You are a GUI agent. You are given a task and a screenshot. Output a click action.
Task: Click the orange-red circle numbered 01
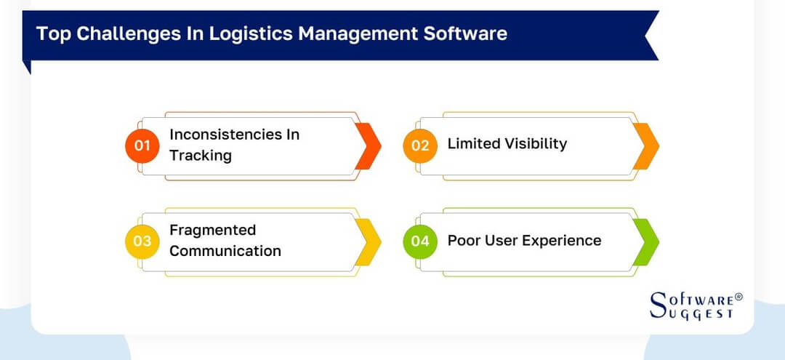pos(142,145)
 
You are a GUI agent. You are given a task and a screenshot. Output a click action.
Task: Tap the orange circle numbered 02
pos(420,145)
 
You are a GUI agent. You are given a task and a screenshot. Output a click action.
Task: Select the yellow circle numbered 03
pos(142,241)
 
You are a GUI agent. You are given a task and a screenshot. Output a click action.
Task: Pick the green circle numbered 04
pos(420,241)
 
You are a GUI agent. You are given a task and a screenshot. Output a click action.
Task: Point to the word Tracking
pos(200,156)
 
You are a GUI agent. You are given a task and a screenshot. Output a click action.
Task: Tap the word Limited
pos(472,144)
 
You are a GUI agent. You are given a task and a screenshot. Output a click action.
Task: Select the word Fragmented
pos(212,230)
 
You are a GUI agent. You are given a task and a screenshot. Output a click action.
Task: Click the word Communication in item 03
pos(225,251)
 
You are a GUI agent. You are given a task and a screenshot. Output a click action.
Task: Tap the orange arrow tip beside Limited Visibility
pos(646,145)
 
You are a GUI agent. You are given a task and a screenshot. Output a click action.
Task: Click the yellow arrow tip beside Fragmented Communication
pos(369,241)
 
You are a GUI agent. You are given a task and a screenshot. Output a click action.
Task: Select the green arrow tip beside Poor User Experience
pos(646,241)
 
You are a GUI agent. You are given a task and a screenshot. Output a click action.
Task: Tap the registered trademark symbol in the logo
pos(738,297)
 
